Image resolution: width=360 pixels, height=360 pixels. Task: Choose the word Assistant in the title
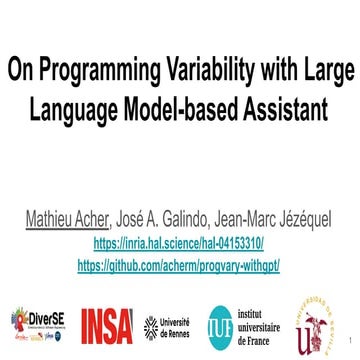click(x=289, y=108)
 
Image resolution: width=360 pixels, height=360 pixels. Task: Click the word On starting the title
click(x=21, y=72)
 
